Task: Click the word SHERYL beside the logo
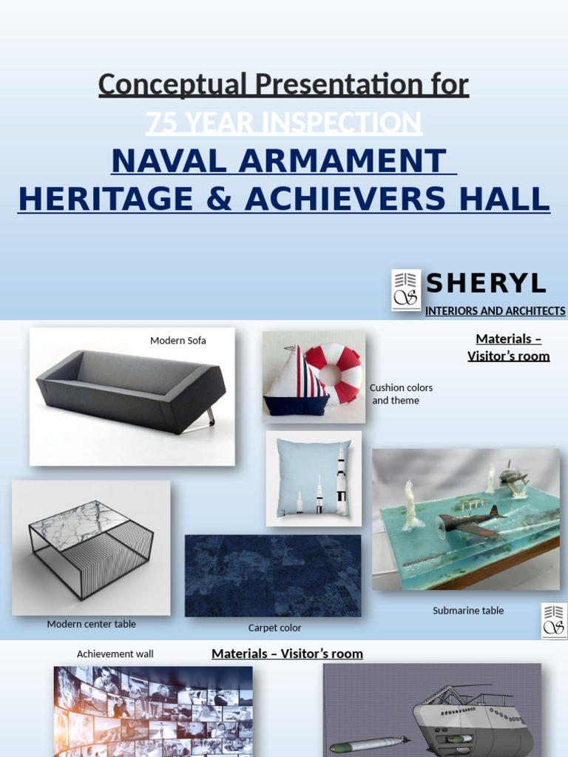coord(486,283)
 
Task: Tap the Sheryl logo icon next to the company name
coord(406,289)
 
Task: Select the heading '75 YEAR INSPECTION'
coord(284,123)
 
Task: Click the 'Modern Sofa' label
coord(177,341)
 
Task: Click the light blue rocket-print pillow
coord(314,478)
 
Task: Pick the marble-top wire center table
coord(91,547)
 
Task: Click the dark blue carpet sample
coord(272,575)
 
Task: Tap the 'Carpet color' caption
coord(274,628)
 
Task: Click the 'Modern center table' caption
coord(91,624)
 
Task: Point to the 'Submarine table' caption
coord(467,611)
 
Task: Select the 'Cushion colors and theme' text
coord(400,394)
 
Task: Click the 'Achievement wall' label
coord(115,654)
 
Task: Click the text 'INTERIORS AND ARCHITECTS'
coord(495,311)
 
